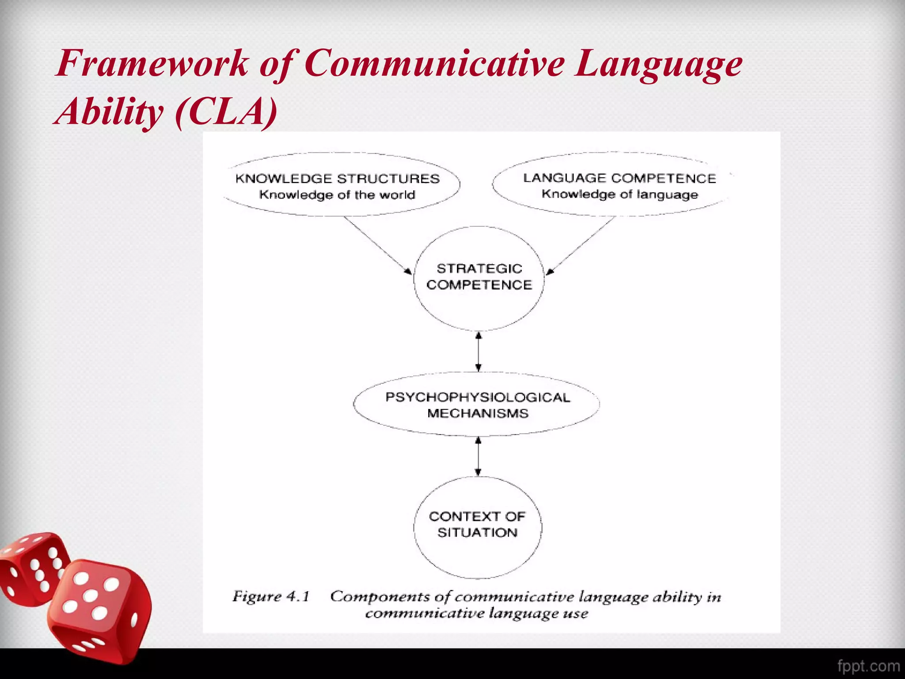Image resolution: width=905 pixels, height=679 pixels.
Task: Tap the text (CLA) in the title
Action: [226, 111]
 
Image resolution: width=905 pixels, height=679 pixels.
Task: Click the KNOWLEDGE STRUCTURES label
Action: [337, 179]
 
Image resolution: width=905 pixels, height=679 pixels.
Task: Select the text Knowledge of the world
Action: [337, 195]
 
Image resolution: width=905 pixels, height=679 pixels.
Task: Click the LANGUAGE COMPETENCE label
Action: [620, 178]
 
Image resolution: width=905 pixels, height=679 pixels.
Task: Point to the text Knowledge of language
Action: [620, 195]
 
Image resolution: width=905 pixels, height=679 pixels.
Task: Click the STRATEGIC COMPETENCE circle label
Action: [479, 277]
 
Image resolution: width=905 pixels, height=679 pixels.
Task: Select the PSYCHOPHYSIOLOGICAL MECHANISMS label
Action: [478, 405]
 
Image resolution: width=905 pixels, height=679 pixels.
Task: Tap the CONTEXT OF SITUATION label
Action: [477, 524]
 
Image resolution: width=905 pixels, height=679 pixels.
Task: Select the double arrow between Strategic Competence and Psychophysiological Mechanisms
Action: [479, 352]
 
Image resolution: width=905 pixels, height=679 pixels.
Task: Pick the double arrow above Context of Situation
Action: [478, 456]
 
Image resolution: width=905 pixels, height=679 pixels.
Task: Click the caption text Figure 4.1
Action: [271, 597]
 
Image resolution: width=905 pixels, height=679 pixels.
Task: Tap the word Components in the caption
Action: [380, 597]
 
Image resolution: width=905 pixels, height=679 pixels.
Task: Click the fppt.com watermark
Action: [868, 666]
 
